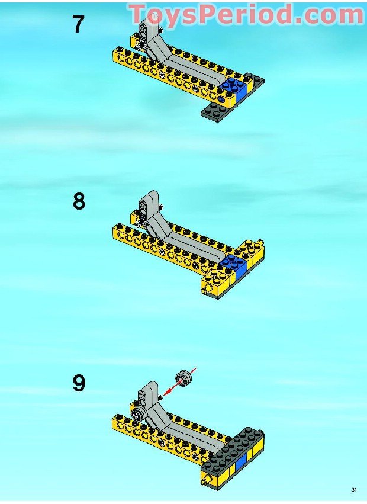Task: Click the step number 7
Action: click(x=78, y=25)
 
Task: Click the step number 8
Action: click(x=79, y=201)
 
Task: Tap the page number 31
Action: click(x=354, y=490)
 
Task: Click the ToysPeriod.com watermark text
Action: click(x=247, y=14)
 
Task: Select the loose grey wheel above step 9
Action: click(x=184, y=378)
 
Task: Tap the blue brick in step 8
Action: click(x=235, y=266)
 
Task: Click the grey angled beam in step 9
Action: click(x=180, y=424)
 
